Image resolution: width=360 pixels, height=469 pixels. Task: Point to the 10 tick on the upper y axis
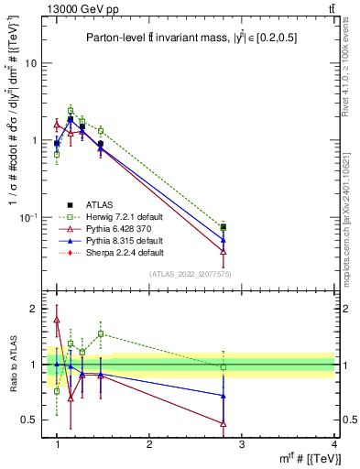tap(30, 64)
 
